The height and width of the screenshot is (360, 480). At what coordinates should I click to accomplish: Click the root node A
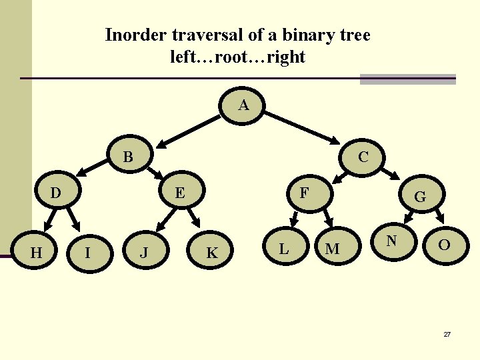[x=243, y=106]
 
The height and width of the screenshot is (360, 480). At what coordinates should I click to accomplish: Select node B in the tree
[x=129, y=158]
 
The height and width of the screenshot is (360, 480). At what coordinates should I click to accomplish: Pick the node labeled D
[x=57, y=194]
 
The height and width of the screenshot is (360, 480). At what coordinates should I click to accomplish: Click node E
[x=179, y=194]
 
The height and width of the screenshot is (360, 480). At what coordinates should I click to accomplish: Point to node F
[x=304, y=193]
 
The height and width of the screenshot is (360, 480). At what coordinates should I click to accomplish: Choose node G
[x=420, y=197]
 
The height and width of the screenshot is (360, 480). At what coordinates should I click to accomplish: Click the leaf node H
[x=37, y=252]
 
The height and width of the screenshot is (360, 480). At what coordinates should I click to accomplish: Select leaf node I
[x=87, y=253]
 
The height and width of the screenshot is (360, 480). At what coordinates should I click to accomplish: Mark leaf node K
[x=212, y=253]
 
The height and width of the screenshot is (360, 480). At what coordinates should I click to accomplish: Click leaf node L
[x=284, y=249]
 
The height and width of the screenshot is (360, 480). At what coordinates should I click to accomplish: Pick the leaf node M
[x=332, y=249]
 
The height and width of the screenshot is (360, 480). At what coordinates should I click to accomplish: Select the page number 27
[x=447, y=333]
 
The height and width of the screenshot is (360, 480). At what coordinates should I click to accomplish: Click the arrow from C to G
[x=393, y=177]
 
